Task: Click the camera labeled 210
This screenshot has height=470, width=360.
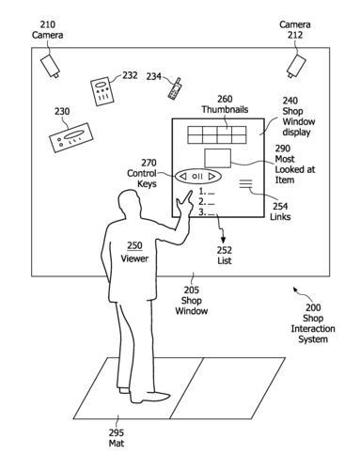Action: point(50,66)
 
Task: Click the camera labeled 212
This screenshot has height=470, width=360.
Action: point(296,66)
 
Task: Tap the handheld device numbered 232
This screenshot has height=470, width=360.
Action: point(102,91)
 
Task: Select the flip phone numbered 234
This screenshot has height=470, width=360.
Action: point(175,89)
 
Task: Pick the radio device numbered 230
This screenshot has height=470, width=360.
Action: point(71,138)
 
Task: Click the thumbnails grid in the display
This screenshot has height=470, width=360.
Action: point(217,134)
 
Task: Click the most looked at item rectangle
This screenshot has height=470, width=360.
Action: point(218,158)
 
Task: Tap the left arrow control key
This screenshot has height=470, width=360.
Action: point(183,177)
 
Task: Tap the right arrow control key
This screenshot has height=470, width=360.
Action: point(212,177)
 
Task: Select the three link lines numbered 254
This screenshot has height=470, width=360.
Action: point(245,183)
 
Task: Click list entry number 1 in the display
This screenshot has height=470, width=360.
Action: point(207,192)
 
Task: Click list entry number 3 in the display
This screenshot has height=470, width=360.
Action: point(207,212)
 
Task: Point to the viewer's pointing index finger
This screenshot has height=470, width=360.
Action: point(189,196)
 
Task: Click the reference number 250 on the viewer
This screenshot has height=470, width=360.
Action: point(134,245)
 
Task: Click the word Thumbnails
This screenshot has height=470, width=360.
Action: point(225,109)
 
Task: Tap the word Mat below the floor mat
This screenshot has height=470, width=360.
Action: point(117,443)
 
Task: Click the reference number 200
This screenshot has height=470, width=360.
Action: point(313,307)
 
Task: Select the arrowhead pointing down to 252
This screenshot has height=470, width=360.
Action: point(223,240)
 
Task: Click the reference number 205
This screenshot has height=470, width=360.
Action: point(192,290)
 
